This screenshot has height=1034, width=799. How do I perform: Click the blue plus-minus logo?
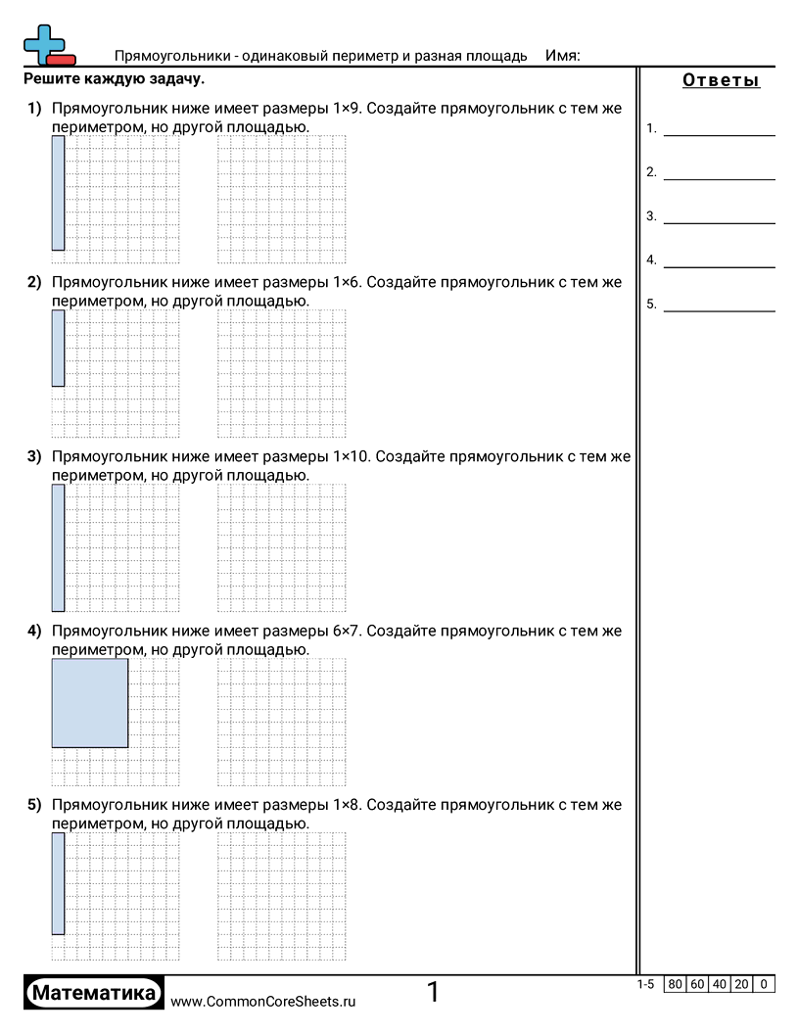coord(47,45)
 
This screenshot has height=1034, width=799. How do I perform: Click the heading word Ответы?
coord(721,80)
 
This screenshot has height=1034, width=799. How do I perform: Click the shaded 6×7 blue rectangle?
coord(89,703)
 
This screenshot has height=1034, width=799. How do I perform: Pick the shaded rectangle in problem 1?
coord(58,193)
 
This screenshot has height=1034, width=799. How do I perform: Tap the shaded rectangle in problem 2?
coord(58,349)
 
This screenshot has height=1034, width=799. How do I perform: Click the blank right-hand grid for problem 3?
coord(282,547)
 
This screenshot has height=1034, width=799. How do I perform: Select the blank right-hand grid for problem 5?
coord(282,897)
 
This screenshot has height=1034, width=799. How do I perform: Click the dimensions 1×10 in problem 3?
coord(352,456)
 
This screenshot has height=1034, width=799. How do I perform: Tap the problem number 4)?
coord(34,632)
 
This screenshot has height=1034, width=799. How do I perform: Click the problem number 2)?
coord(34,283)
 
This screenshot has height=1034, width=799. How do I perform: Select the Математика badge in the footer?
coord(94,993)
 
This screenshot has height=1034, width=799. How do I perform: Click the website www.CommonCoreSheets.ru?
coord(263,1001)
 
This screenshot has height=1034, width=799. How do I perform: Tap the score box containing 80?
coord(674,984)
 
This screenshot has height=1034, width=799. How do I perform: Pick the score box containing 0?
coord(764,984)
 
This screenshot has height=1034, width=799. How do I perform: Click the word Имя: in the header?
coord(562,56)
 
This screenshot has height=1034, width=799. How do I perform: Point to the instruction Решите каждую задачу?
coord(115,78)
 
